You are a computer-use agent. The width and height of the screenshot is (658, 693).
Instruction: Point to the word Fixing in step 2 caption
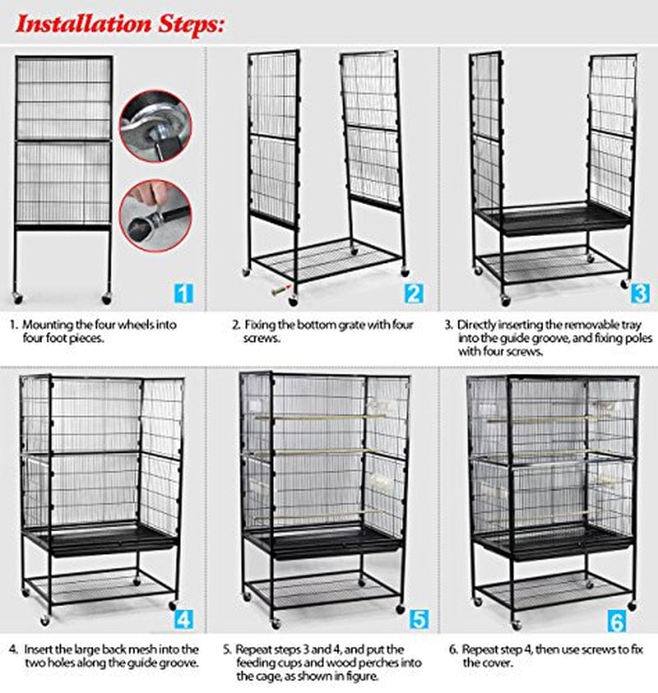[262, 325]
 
